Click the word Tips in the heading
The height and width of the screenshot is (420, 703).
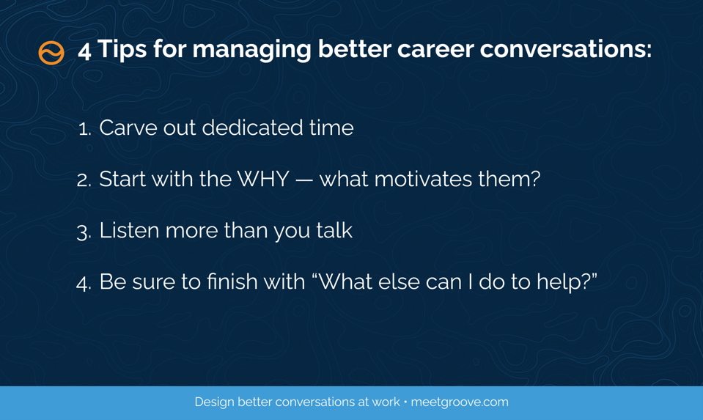point(122,49)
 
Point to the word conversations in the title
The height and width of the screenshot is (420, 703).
point(566,49)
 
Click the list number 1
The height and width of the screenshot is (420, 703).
point(84,129)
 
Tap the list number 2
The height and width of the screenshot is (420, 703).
point(84,180)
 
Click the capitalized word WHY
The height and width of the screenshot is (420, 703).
point(263,179)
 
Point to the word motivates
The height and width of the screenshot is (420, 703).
point(423,179)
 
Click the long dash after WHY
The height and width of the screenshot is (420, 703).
point(304,180)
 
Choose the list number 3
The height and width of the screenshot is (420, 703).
point(84,232)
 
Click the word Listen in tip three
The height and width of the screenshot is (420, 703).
point(129,230)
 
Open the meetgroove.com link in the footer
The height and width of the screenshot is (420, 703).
point(460,402)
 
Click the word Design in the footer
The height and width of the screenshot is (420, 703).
point(214,402)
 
